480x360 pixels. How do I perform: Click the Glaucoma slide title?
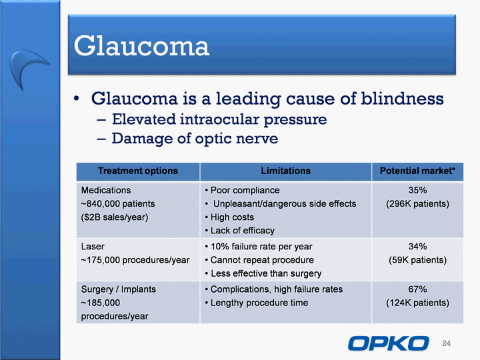(141, 46)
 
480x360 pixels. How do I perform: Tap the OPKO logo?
(389, 343)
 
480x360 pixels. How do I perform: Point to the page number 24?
(446, 343)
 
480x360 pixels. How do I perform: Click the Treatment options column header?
(138, 171)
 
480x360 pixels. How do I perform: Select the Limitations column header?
(285, 171)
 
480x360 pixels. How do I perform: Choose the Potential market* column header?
(417, 171)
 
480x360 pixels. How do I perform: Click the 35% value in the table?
(417, 190)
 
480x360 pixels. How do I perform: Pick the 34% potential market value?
(417, 247)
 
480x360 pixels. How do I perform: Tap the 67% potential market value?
(417, 289)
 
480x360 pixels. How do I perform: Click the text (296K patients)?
(417, 204)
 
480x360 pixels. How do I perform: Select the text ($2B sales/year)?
(115, 217)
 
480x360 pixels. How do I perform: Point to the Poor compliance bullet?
(242, 191)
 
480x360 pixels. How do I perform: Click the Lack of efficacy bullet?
(240, 231)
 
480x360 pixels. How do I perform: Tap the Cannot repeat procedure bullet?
(259, 260)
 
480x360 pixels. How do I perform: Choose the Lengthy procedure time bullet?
(257, 303)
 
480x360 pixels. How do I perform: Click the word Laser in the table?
(93, 247)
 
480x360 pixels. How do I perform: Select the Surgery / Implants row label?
(119, 289)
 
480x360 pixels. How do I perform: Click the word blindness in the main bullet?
(402, 99)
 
